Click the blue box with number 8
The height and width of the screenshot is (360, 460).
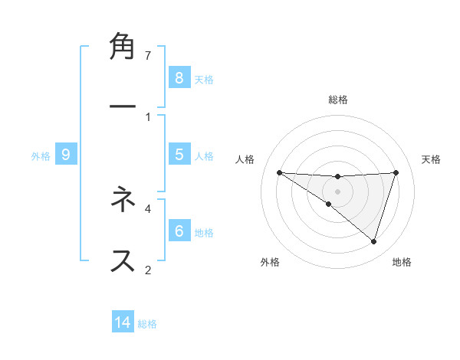[x=179, y=77]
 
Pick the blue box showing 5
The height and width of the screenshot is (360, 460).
[x=179, y=154]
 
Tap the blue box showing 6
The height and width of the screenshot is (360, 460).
[x=179, y=231]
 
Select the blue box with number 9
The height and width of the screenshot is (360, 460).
[x=66, y=155]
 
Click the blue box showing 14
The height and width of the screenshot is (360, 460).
[x=123, y=322]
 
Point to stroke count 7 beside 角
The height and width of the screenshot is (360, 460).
[x=148, y=55]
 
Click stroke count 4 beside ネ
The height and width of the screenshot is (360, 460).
[x=148, y=208]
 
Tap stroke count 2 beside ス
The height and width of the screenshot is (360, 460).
[x=148, y=270]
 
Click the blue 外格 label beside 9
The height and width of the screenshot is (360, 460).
[x=41, y=155]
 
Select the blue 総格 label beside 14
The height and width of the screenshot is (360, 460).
[x=147, y=324]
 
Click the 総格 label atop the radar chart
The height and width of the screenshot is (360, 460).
[x=338, y=100]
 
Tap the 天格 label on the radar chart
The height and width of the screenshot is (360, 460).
[x=432, y=159]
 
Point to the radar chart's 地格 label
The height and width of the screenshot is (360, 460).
[x=402, y=262]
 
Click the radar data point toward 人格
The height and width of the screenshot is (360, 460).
[x=279, y=172]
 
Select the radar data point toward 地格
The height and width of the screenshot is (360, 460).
[x=373, y=241]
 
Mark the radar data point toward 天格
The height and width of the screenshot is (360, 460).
[x=396, y=172]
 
